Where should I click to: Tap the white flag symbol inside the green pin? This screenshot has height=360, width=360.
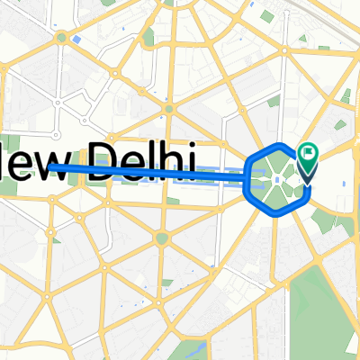click(309, 154)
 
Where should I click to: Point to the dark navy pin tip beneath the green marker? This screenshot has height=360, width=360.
click(306, 178)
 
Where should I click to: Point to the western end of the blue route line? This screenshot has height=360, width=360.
click(50, 166)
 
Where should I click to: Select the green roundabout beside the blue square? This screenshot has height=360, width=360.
click(61, 38)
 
